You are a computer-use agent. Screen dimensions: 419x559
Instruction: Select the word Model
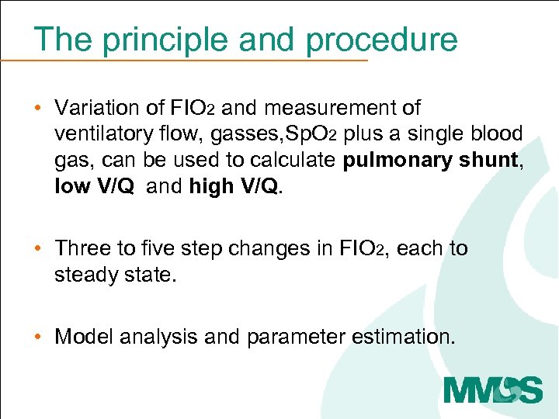click(x=82, y=337)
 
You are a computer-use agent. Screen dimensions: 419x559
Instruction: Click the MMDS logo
click(x=492, y=387)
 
